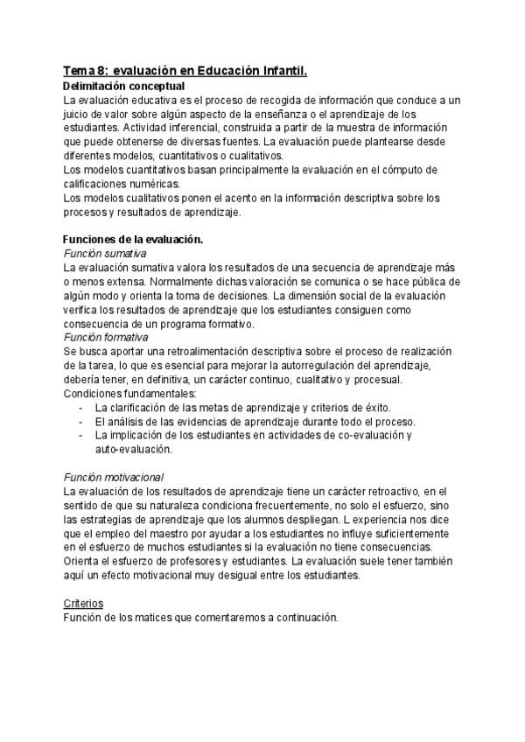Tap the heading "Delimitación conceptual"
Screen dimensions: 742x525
(x=123, y=87)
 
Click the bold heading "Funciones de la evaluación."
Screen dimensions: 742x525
(x=134, y=239)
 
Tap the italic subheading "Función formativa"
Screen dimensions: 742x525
(x=106, y=337)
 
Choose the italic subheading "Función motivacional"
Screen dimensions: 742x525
(x=114, y=477)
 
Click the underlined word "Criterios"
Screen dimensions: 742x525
(x=84, y=604)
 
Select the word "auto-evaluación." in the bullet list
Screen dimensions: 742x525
(x=134, y=449)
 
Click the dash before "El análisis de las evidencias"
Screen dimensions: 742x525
(x=80, y=421)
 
